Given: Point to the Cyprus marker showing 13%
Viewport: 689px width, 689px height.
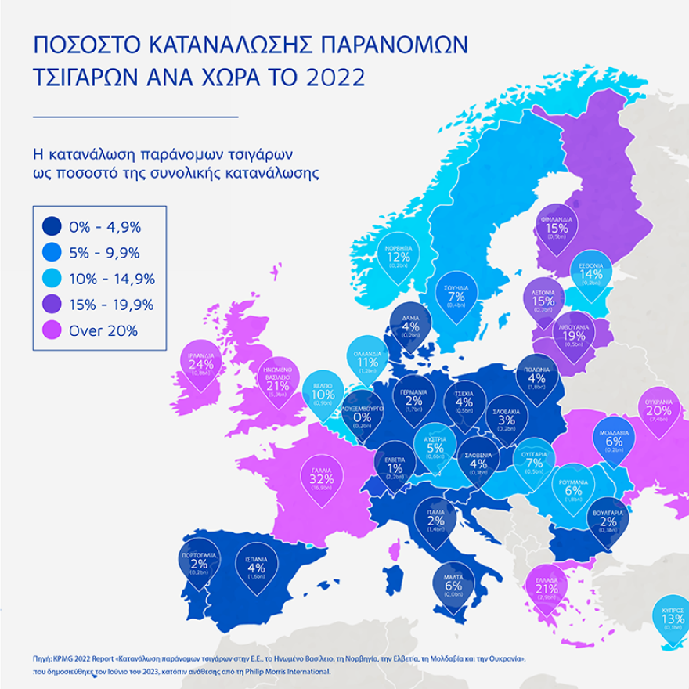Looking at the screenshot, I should [673, 620].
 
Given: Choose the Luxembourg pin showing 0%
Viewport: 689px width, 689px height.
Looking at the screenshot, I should [363, 420].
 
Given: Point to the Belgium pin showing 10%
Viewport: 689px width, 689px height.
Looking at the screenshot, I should [323, 396].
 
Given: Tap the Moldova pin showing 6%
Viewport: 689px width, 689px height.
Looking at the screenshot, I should [614, 443].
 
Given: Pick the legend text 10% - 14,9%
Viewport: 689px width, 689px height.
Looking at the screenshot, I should [112, 279].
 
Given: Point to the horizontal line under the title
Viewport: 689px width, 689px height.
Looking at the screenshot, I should [135, 116].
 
